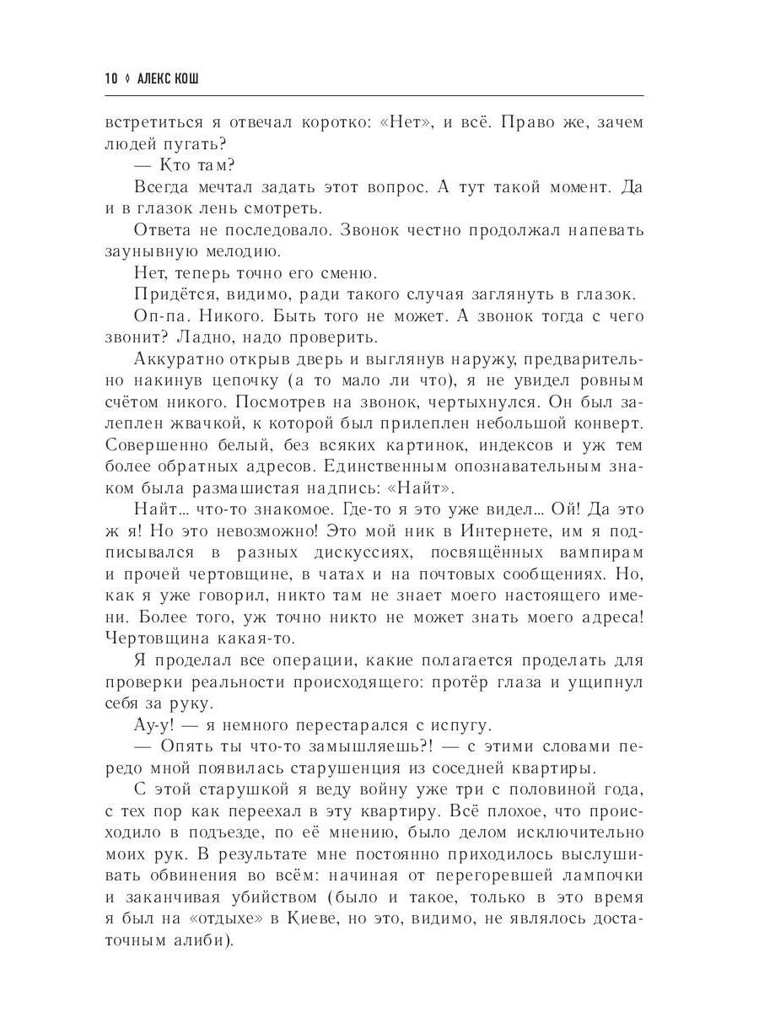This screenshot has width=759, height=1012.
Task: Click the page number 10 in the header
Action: click(x=111, y=78)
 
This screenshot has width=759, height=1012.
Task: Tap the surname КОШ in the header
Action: click(x=193, y=78)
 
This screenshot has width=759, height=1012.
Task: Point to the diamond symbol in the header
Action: click(x=126, y=78)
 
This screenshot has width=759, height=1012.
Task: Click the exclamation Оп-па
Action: click(x=163, y=316)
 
